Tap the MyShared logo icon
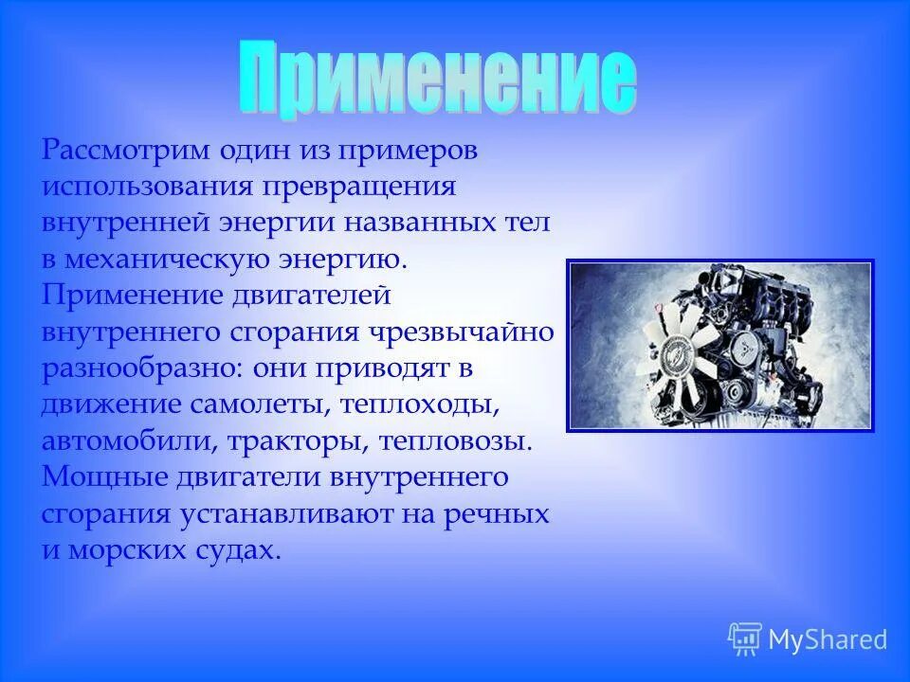[x=745, y=639]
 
